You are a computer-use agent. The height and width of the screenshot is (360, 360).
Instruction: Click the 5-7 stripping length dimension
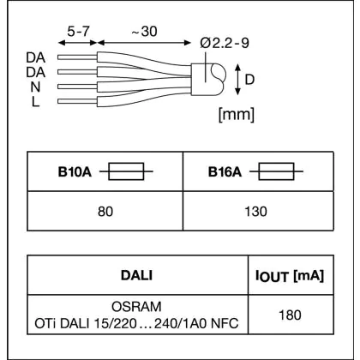point(78,31)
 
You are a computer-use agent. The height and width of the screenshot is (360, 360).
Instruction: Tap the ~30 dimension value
point(145,31)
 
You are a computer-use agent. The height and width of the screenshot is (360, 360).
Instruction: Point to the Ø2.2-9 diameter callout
point(225,43)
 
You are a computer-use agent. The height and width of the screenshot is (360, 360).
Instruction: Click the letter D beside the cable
point(249,80)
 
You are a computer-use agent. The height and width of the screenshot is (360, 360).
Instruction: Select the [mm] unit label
point(237,115)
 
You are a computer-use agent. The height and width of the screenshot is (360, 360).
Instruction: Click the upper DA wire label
point(36,57)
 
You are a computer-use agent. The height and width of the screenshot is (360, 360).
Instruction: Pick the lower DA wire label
point(36,73)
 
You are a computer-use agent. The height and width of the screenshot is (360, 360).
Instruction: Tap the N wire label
point(35,87)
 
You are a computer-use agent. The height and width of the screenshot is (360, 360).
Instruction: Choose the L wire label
point(35,102)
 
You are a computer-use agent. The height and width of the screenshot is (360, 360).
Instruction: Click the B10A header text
point(75,172)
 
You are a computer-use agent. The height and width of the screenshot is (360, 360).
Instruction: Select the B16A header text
point(225,172)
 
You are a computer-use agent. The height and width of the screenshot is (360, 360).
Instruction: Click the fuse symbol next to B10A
point(126,171)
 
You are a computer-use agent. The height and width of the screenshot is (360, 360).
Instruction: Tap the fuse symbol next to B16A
point(276,171)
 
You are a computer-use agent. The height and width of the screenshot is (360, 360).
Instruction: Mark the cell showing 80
point(105,212)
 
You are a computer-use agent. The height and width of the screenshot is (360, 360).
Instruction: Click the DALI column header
point(136,275)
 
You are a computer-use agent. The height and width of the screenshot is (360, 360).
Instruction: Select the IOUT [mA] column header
point(290,276)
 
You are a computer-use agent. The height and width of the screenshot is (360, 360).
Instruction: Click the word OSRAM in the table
point(136,307)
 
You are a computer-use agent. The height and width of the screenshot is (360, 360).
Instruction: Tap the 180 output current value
point(290,315)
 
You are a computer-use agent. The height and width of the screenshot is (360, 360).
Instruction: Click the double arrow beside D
point(237,80)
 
